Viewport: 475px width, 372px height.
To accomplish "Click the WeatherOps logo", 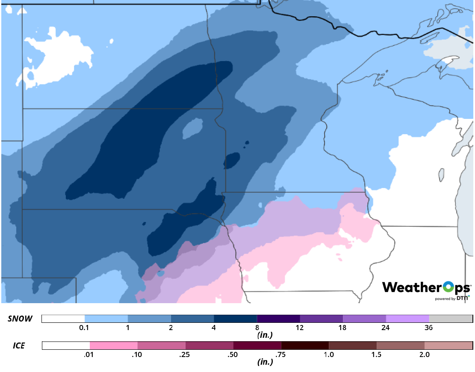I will pos(426,287).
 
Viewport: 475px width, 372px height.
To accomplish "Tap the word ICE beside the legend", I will pos(18,345).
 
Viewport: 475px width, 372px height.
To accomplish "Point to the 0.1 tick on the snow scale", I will pos(84,328).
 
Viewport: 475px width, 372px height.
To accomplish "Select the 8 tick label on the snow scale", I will pos(257,328).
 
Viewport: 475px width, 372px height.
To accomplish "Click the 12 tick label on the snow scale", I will pos(299,328).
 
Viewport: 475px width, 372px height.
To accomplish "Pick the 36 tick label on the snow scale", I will pos(429,328).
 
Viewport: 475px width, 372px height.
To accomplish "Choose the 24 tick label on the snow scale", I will pos(386,328).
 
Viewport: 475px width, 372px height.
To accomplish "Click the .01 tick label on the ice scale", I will pos(90,355).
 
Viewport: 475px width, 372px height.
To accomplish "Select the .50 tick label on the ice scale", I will pos(233,355).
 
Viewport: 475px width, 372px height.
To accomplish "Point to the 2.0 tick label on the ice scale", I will pos(424,355).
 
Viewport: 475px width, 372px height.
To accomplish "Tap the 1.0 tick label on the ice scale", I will pos(329,355).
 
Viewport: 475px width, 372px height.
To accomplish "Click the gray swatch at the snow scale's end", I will pos(450,319).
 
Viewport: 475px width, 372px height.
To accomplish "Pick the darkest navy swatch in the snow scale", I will pos(235,319).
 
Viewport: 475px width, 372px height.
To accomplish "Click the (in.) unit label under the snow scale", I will pos(265,335).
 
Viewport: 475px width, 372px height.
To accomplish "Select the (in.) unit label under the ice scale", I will pos(265,362).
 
